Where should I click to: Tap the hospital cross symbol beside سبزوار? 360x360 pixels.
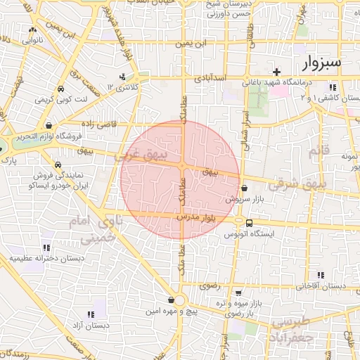(277, 72)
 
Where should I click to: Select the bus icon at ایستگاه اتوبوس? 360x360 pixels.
(250, 224)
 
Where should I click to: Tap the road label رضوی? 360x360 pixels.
(210, 286)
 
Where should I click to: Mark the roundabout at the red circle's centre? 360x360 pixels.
(181, 166)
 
